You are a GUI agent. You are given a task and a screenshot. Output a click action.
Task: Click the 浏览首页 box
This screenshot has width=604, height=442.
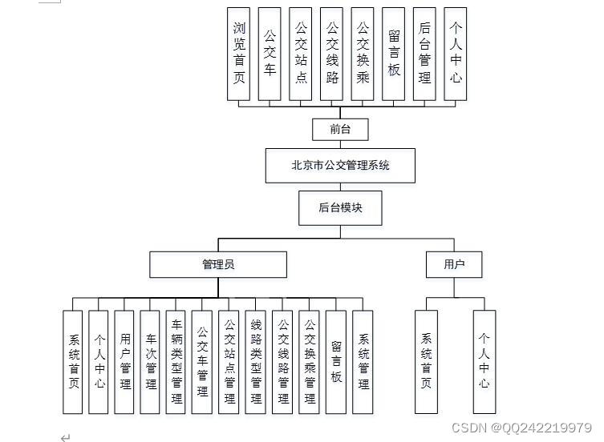pos(239,54)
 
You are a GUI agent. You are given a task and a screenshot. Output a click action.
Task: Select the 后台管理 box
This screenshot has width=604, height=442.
pos(424,54)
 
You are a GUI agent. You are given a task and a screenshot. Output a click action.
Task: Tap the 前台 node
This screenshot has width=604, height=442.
pos(340,129)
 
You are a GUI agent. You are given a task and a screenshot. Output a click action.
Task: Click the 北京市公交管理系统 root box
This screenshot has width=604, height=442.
pos(340,166)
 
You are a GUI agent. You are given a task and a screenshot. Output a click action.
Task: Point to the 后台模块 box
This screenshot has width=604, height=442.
pos(340,207)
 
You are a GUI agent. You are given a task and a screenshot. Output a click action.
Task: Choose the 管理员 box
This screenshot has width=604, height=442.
pos(217,264)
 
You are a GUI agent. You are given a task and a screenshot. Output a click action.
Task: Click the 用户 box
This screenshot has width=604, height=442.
pos(454,264)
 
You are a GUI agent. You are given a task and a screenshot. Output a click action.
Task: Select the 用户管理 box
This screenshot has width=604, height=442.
pos(124,362)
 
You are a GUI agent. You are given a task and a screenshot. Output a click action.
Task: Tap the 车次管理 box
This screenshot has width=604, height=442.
pos(150,362)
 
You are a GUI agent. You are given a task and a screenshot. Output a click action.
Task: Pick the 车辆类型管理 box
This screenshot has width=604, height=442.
pos(176,362)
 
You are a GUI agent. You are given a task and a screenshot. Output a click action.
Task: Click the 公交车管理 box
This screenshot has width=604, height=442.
pos(202,362)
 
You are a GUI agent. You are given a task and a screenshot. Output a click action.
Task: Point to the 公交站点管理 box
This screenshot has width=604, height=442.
pos(229,362)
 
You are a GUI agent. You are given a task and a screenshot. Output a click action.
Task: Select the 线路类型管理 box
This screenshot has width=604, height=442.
pos(256,362)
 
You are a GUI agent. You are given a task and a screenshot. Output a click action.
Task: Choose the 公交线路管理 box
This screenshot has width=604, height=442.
pos(282,362)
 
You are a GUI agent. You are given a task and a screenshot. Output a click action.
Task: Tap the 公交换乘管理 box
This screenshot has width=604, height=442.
pos(310,362)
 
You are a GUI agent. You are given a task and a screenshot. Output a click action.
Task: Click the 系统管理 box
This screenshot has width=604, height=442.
pos(363,362)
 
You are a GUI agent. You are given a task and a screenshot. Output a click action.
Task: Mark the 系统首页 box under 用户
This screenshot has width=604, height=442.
pos(427,362)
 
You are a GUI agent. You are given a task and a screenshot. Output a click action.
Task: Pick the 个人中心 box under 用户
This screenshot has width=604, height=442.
pos(484,362)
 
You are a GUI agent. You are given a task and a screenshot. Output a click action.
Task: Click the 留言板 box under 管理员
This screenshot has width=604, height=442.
pos(336,362)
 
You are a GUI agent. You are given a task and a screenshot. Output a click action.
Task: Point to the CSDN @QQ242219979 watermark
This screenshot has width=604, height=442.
pos(521,428)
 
